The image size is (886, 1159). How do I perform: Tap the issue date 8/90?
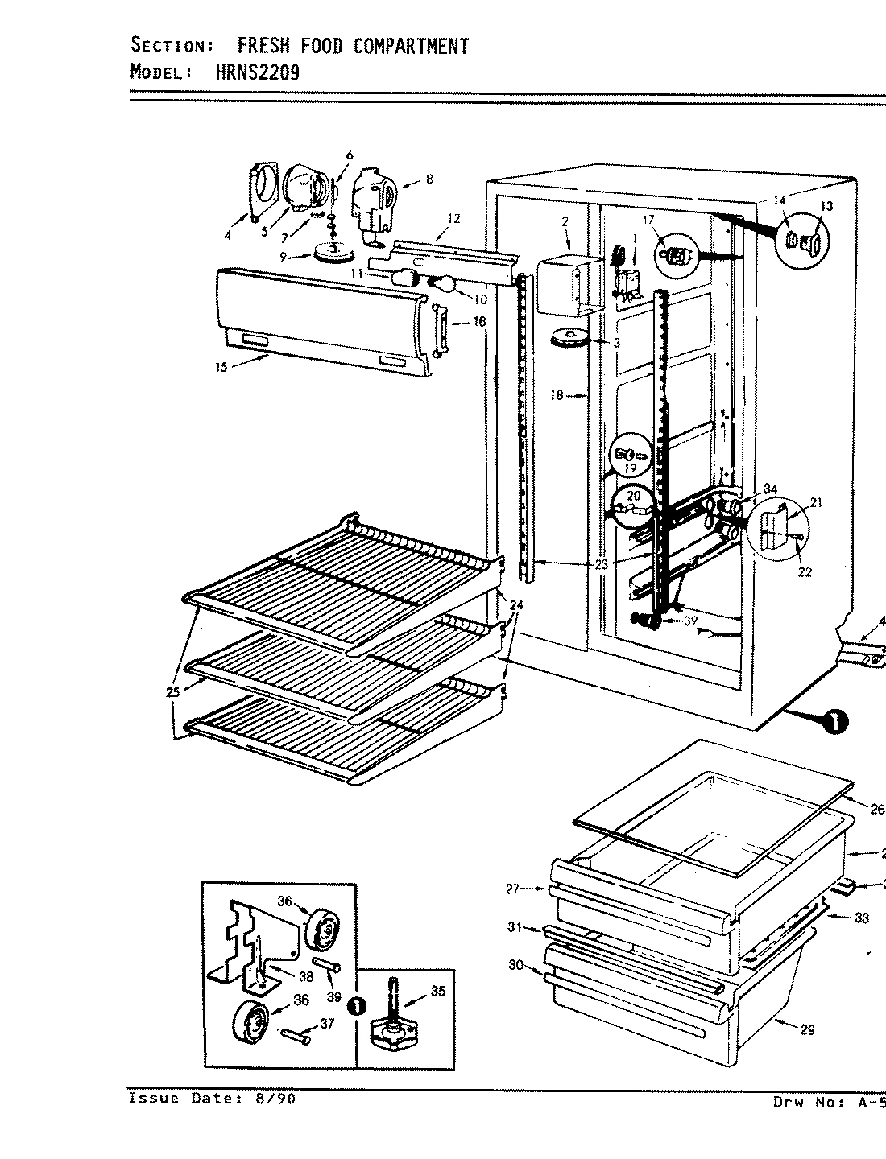coord(270,1099)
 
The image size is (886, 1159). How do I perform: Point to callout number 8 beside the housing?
coord(429,180)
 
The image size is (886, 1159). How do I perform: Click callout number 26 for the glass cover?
coord(877,809)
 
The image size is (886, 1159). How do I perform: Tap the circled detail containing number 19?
coord(630,460)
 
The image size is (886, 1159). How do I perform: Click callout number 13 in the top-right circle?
coord(826,206)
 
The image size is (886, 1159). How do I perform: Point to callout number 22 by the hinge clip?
coord(804,571)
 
